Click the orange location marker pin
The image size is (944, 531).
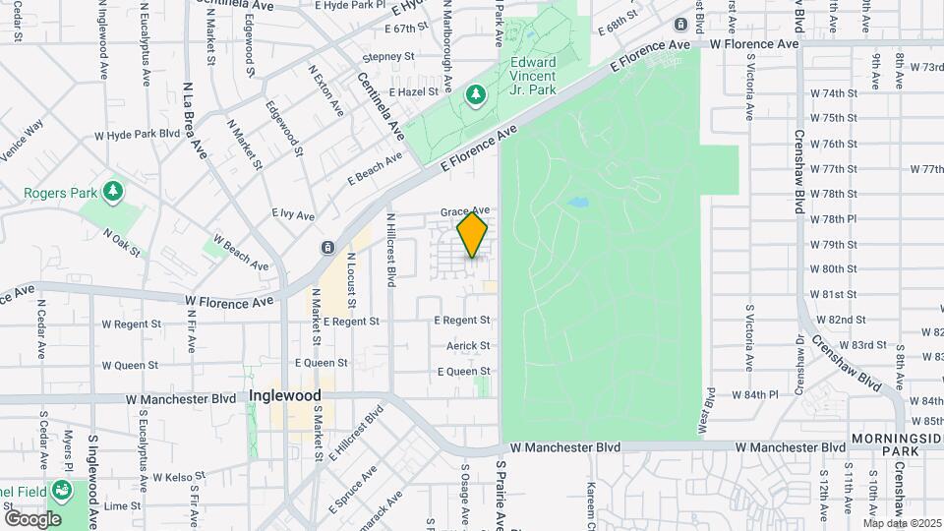(x=473, y=236)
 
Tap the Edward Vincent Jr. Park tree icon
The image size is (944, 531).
(x=476, y=94)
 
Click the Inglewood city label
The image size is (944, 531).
(x=285, y=395)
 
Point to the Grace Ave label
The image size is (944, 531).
(x=464, y=211)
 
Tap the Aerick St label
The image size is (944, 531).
(x=468, y=345)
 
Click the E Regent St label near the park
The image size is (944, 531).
(x=462, y=321)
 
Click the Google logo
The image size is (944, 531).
(x=32, y=518)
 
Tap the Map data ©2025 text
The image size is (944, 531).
(x=902, y=523)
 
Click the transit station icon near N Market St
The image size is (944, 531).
(x=326, y=247)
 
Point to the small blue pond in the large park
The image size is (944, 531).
(x=576, y=204)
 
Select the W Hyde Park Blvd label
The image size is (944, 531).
(x=138, y=135)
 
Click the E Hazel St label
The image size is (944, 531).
(x=412, y=90)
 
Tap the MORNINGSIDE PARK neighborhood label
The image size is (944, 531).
(x=895, y=443)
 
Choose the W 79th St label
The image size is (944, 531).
(x=834, y=244)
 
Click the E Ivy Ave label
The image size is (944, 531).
(x=293, y=213)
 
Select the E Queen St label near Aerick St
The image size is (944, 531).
(x=463, y=372)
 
